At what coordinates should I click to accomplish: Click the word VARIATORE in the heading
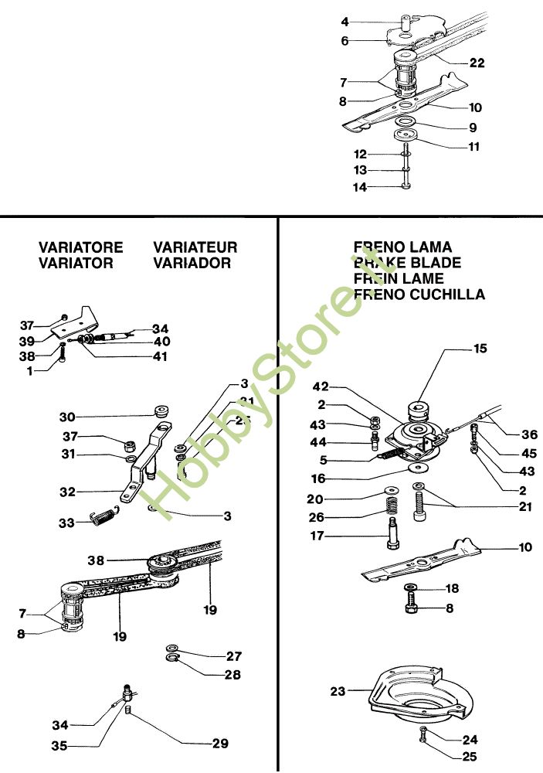tap(80, 247)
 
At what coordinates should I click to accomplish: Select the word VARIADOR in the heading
tap(192, 263)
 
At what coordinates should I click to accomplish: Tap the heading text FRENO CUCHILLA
tap(419, 295)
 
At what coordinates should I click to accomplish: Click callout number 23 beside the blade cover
tap(337, 692)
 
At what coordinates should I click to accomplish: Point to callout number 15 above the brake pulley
tap(480, 349)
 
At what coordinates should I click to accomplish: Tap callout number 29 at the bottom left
tap(220, 744)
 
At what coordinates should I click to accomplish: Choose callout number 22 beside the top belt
tap(477, 63)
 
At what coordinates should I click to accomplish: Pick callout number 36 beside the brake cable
tap(530, 434)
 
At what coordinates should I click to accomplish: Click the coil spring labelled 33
tap(103, 516)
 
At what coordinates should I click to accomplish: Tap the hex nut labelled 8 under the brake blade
tap(410, 609)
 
